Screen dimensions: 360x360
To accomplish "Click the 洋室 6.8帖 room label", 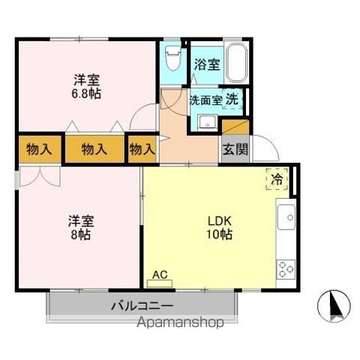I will tap(87, 86).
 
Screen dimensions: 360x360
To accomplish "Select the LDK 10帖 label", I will tap(218, 227).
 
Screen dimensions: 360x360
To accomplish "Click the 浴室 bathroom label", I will tap(206, 64).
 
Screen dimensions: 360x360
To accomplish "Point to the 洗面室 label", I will tap(205, 99).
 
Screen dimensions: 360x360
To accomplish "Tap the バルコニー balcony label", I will tap(142, 306).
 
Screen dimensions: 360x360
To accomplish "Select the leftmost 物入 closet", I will tap(38, 148).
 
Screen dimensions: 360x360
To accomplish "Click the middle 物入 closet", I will tap(94, 148).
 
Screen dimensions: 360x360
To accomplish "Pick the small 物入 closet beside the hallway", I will tap(141, 148).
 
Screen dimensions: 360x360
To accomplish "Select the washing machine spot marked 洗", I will tap(232, 98).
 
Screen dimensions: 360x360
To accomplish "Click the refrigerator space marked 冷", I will tap(277, 179).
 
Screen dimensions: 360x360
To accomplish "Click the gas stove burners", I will tap(285, 268).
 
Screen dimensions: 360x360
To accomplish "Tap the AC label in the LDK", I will tap(159, 274).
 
